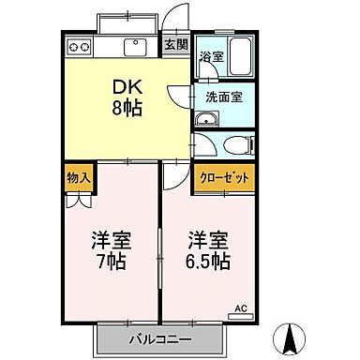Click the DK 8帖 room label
point(127,95)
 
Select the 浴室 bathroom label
point(210,56)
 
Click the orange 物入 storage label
point(78,176)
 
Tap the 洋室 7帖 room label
point(111,247)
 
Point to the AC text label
point(241,307)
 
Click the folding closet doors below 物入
point(78,198)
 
